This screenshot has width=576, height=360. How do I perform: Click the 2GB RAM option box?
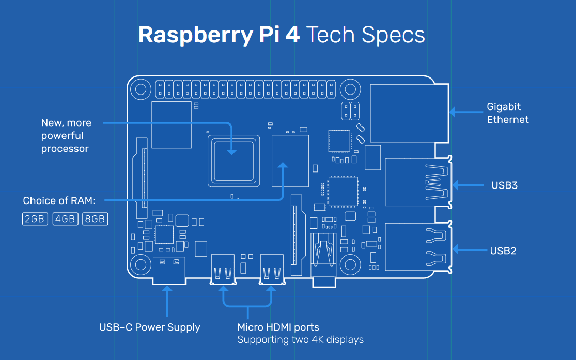(x=35, y=219)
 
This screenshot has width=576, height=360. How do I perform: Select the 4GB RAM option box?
(x=65, y=219)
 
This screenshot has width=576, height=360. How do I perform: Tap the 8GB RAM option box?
(x=95, y=219)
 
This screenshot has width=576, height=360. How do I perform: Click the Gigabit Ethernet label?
(x=507, y=113)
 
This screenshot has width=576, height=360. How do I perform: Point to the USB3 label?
(x=504, y=185)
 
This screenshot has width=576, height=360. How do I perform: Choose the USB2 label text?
(x=503, y=251)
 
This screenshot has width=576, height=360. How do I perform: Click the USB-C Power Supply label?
(x=149, y=327)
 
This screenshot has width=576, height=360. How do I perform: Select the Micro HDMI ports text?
(x=278, y=327)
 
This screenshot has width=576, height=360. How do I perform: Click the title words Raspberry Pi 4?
(x=219, y=35)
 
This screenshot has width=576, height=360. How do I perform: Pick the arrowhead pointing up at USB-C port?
(x=167, y=291)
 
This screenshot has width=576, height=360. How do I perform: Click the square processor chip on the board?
(x=232, y=161)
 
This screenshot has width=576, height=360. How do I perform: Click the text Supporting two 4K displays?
(x=300, y=340)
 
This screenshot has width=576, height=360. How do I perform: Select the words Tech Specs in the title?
(x=366, y=35)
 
